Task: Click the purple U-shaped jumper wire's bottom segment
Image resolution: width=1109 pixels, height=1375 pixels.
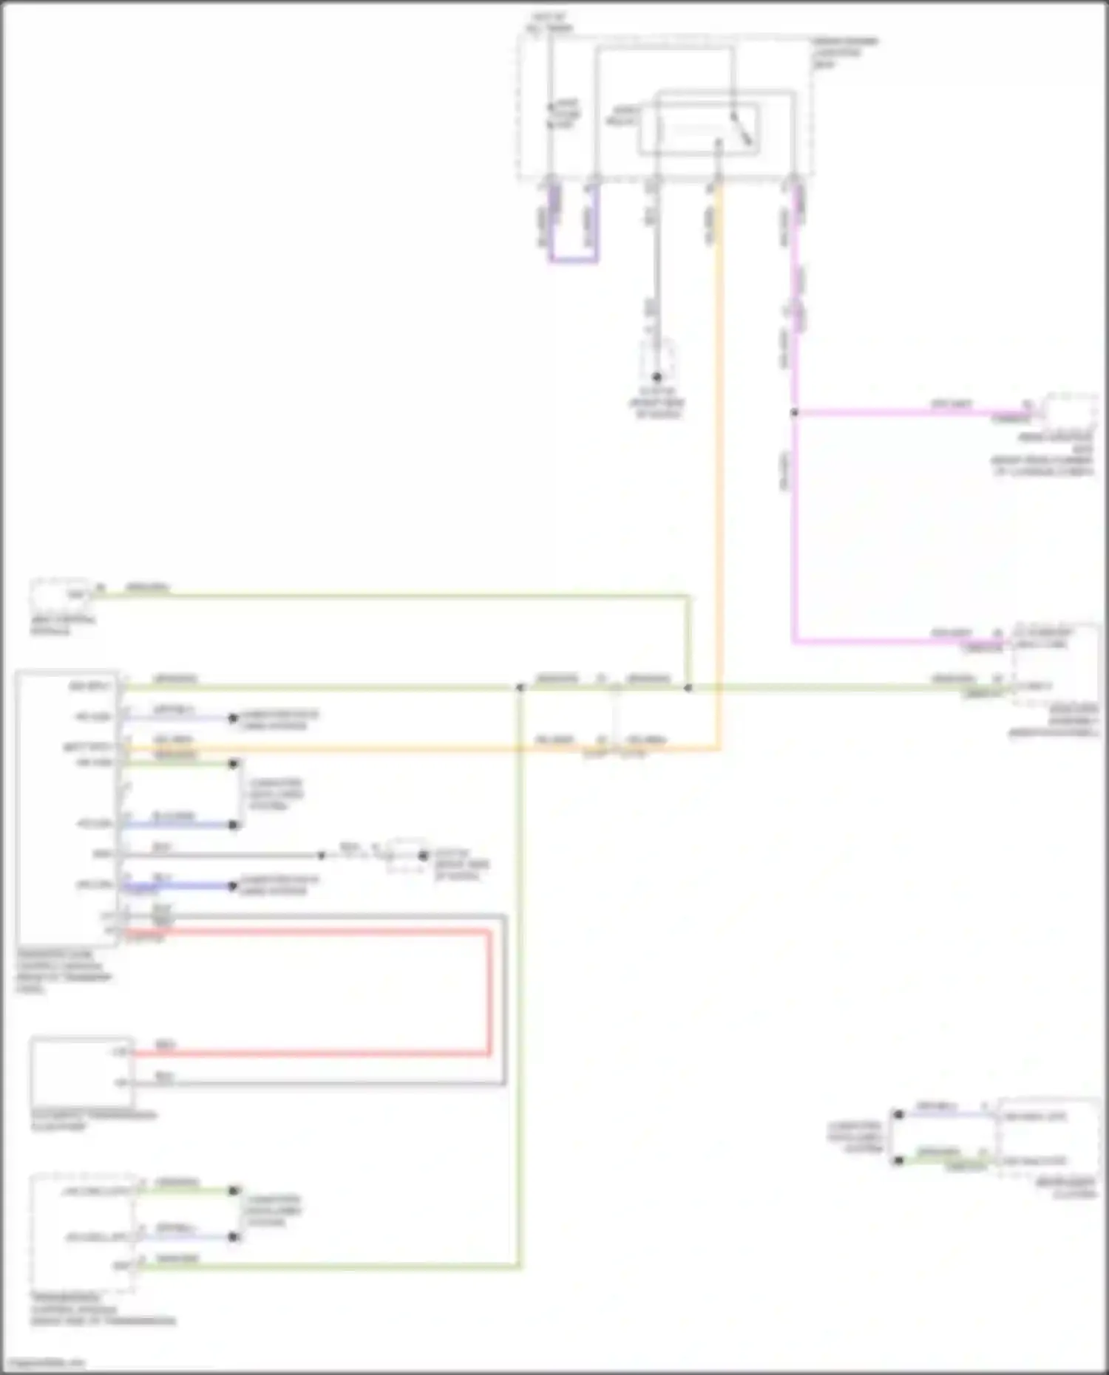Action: coord(573,261)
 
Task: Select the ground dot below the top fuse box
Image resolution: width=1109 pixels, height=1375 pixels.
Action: coord(657,378)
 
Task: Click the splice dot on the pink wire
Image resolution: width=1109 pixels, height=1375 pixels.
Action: coord(795,412)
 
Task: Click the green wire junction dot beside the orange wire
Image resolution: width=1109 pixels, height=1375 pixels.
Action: coord(688,688)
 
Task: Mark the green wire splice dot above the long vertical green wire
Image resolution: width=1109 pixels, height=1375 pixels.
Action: coord(520,688)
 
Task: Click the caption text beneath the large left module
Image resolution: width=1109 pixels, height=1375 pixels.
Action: coord(64,971)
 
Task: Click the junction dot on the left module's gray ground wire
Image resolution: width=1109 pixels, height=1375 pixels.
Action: coord(322,855)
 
